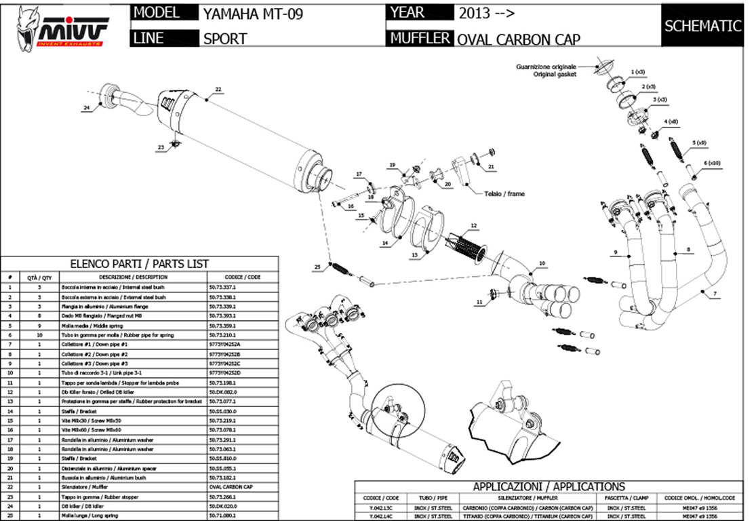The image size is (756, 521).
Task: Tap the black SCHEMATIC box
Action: click(x=703, y=26)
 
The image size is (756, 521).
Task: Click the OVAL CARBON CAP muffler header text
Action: click(x=519, y=39)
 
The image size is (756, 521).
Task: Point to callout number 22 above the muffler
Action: click(x=218, y=89)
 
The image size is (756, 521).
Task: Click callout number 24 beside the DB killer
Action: click(x=87, y=108)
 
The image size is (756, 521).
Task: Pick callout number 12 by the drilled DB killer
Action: click(x=473, y=225)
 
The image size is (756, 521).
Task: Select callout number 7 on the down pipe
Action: click(x=714, y=292)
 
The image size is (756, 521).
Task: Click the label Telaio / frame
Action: click(x=504, y=194)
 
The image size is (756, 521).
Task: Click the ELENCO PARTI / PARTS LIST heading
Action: click(x=140, y=263)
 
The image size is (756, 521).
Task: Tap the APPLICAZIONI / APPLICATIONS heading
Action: click(x=549, y=486)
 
